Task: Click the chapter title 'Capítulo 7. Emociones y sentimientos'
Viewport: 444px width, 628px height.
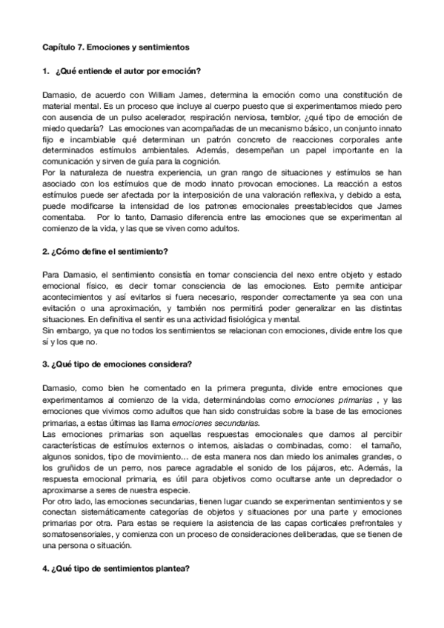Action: point(115,47)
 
